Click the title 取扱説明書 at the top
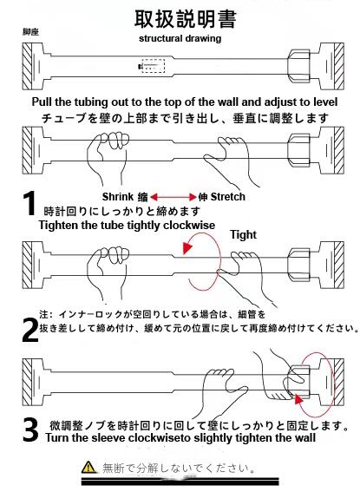coord(185,19)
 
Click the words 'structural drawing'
coord(180,38)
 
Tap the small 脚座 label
coord(30,32)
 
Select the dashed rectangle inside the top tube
coord(153,66)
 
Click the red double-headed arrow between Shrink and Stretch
coord(173,197)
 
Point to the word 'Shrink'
coord(118,197)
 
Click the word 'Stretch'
coord(228,197)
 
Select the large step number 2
coord(30,330)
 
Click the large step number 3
coord(30,430)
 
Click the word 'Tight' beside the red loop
coord(244,234)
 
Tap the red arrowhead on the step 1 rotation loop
coord(187,248)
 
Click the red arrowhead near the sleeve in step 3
coord(298,399)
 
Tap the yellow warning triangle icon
coord(88,467)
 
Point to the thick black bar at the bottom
coord(180,482)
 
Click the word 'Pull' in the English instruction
coord(42,102)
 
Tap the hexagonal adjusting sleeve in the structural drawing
coord(299,66)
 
